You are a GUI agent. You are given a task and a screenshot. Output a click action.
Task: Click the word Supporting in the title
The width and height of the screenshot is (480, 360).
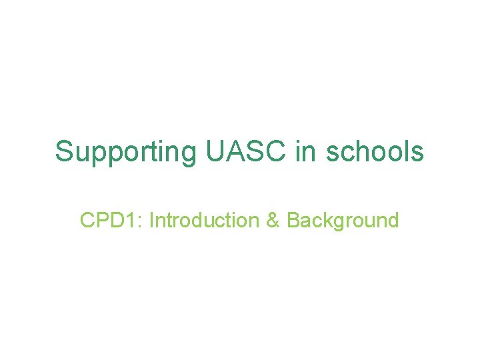pos(125,152)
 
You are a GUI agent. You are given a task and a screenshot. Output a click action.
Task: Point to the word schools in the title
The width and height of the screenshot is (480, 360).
pos(375,151)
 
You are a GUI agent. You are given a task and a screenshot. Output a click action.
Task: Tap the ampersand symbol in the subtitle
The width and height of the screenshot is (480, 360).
pos(273,220)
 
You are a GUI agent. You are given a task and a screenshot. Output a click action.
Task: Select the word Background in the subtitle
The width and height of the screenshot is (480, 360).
pos(343,220)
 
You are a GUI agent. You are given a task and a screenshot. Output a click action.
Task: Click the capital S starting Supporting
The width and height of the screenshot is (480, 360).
pos(64,151)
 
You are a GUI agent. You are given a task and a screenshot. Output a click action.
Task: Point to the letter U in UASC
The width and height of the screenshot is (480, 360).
pos(215,151)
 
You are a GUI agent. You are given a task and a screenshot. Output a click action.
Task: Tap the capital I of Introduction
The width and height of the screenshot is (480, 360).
pos(151,220)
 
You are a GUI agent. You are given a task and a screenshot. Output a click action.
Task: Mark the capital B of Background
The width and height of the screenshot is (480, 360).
pos(293,220)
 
